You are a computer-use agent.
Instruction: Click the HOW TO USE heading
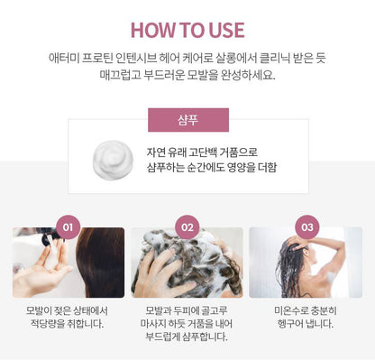point(187,30)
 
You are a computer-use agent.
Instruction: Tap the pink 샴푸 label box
point(188,120)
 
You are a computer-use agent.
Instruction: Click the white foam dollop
point(113,161)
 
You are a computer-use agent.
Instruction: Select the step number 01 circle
point(69,227)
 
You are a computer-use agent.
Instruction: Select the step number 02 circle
point(187,227)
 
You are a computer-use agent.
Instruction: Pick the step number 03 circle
point(306,227)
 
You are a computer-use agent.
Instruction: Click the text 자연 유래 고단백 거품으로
point(202,152)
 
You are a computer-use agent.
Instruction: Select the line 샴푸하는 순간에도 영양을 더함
point(212,168)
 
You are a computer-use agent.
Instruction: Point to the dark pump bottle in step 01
point(51,235)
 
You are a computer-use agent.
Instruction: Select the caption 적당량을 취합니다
point(67,324)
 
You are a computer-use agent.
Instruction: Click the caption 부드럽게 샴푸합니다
point(187,337)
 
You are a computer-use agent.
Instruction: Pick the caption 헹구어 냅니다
point(306,324)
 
